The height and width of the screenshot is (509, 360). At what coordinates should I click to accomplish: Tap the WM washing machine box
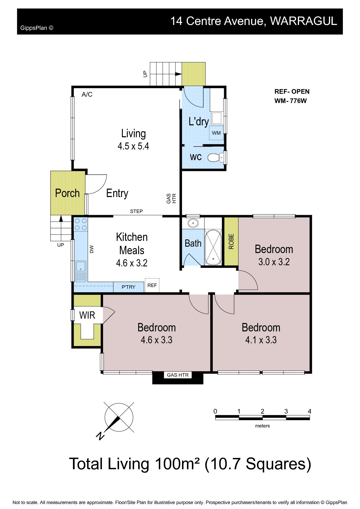[x=216, y=133]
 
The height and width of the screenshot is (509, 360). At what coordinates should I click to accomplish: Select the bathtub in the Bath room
[x=213, y=247]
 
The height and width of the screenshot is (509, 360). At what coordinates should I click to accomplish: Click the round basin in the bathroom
[x=192, y=223]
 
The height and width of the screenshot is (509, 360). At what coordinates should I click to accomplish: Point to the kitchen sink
[x=81, y=271]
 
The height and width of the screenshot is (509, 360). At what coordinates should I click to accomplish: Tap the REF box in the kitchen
[x=152, y=285]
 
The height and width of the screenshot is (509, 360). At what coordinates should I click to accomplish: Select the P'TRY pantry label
[x=128, y=287]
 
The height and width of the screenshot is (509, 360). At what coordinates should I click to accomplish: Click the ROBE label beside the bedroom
[x=231, y=241]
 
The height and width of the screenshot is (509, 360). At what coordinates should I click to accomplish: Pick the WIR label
[x=87, y=315]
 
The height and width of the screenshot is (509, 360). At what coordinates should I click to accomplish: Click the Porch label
[x=67, y=193]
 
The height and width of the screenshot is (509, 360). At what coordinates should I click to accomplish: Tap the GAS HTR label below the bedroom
[x=178, y=375]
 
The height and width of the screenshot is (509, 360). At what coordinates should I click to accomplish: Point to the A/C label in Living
[x=87, y=94]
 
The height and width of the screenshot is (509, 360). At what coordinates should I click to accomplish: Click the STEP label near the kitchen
[x=136, y=211]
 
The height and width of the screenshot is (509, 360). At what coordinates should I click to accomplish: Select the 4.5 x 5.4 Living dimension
[x=133, y=146]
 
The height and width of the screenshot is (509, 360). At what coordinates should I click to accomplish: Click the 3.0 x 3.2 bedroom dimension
[x=274, y=262]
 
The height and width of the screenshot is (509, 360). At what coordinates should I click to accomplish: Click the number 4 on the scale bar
[x=309, y=411]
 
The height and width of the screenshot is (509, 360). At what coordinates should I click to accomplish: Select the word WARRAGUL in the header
[x=304, y=21]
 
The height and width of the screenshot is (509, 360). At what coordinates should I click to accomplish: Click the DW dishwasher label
[x=92, y=249]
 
